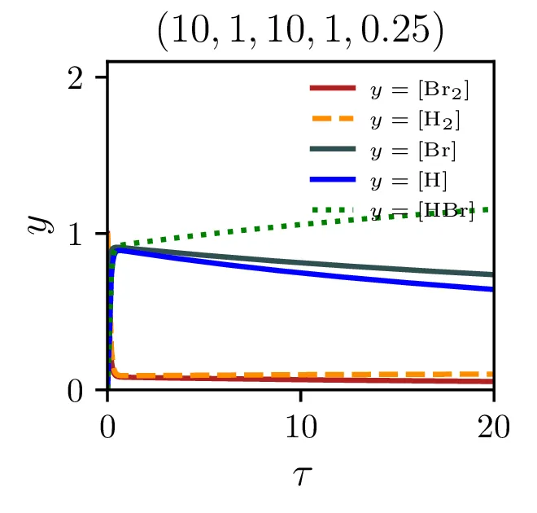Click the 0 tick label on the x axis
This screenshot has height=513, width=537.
tap(108, 427)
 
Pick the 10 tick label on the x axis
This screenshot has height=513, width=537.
tap(301, 427)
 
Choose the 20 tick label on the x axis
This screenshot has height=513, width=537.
tap(493, 427)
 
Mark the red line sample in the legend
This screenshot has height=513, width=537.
tap(332, 88)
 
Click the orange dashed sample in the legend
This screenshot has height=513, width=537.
tap(332, 119)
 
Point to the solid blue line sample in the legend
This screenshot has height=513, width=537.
tap(332, 179)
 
